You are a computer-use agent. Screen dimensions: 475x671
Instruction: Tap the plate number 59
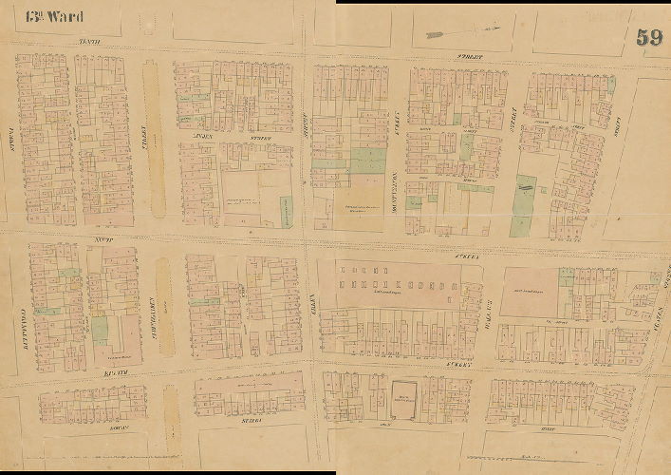pos(649,37)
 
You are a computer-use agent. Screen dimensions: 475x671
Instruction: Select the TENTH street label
pos(90,42)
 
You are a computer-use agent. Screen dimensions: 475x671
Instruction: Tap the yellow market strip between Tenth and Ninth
pos(154,138)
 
